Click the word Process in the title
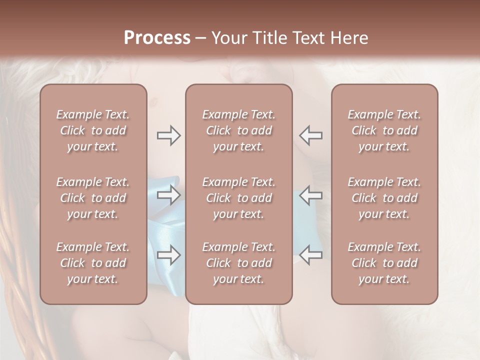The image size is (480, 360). pyautogui.click(x=157, y=38)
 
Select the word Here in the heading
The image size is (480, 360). pyautogui.click(x=349, y=38)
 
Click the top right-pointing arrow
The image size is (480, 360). pyautogui.click(x=168, y=135)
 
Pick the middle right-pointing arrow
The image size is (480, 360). pyautogui.click(x=168, y=195)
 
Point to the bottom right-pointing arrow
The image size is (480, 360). pyautogui.click(x=168, y=255)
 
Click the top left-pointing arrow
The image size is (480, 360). pyautogui.click(x=310, y=135)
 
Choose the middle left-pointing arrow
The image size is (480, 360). pyautogui.click(x=310, y=195)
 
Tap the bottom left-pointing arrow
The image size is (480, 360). pyautogui.click(x=310, y=255)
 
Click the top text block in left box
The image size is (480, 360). pyautogui.click(x=93, y=130)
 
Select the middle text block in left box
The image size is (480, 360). pyautogui.click(x=93, y=198)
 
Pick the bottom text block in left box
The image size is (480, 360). pyautogui.click(x=93, y=263)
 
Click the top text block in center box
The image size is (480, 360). pyautogui.click(x=238, y=130)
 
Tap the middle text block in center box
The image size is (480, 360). pyautogui.click(x=238, y=198)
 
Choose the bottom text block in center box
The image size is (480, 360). pyautogui.click(x=238, y=263)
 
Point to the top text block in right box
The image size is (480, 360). pyautogui.click(x=384, y=130)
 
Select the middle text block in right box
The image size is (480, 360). pyautogui.click(x=384, y=198)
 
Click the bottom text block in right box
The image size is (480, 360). pyautogui.click(x=384, y=263)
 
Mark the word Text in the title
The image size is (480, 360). pyautogui.click(x=307, y=38)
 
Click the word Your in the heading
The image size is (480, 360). pyautogui.click(x=228, y=38)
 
